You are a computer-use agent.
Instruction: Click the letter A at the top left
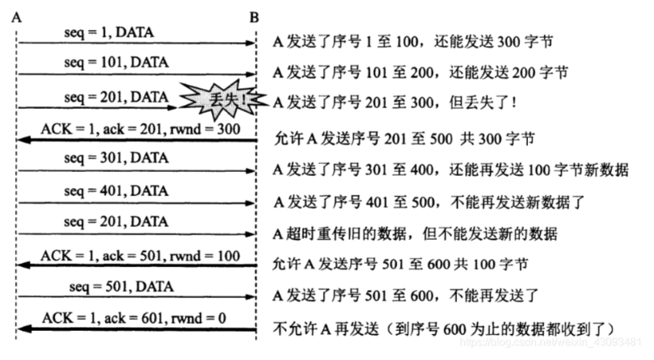click(17, 18)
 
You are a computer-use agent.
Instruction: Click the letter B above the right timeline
click(254, 18)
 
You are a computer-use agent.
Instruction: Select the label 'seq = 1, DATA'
click(109, 32)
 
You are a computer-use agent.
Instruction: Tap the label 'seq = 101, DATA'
click(116, 62)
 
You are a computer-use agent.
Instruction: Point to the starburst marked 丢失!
click(224, 100)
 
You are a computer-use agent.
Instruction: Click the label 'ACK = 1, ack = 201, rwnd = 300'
click(140, 129)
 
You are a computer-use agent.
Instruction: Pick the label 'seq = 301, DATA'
click(116, 157)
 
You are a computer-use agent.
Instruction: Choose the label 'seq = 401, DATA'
click(116, 190)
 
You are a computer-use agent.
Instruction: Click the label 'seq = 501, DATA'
click(121, 287)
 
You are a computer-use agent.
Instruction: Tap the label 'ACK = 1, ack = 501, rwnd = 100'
click(140, 256)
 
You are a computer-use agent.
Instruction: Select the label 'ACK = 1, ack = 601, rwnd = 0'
click(134, 318)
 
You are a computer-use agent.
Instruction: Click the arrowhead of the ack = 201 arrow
click(23, 140)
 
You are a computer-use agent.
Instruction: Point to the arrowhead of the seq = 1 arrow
click(250, 43)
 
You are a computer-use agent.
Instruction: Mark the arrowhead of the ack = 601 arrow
click(23, 329)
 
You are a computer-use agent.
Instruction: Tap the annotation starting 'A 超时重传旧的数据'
click(415, 233)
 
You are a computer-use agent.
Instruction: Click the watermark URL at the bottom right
click(550, 342)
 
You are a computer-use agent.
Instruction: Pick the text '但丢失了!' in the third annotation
click(483, 103)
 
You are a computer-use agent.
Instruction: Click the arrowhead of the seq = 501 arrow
click(250, 297)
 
